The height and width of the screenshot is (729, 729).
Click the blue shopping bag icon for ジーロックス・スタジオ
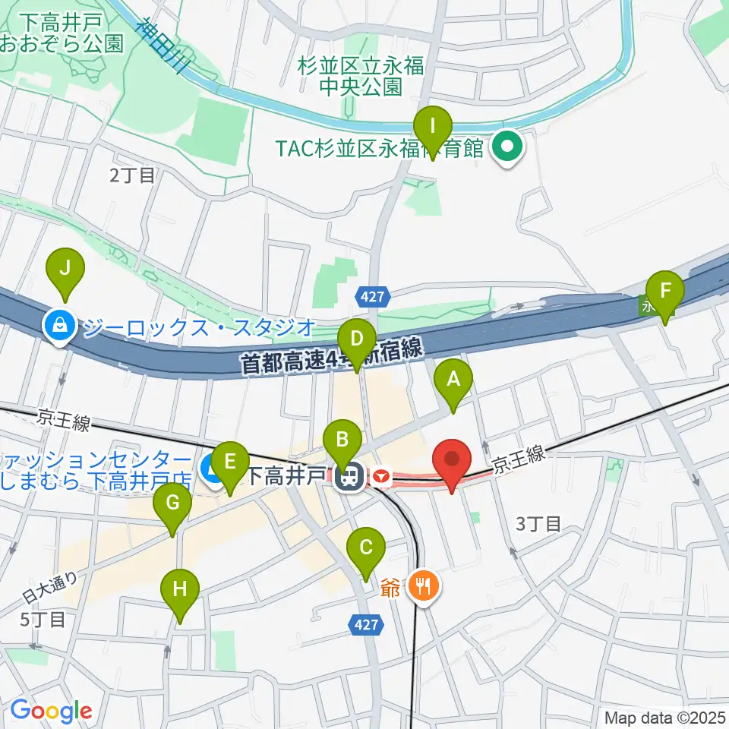(x=58, y=327)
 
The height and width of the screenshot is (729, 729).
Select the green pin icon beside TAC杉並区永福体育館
(x=507, y=147)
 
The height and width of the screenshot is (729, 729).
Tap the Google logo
(x=50, y=711)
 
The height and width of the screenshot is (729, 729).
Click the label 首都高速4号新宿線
(x=331, y=357)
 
